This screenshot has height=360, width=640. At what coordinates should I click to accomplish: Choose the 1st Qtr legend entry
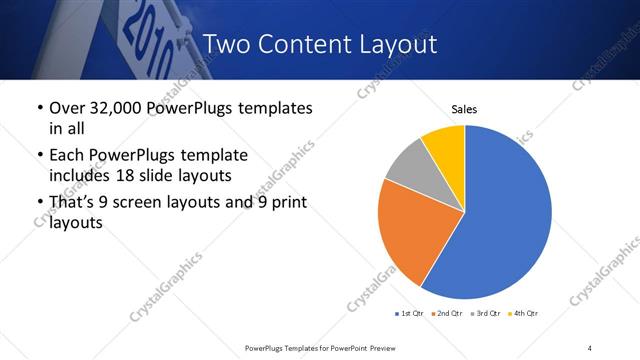410,313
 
